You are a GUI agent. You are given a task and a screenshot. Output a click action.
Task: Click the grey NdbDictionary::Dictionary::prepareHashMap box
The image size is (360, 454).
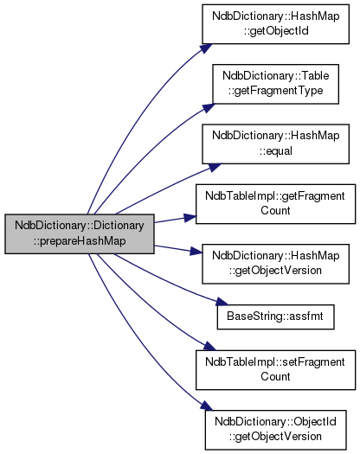coord(80,234)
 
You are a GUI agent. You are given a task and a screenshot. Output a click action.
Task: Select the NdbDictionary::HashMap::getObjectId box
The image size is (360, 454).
coord(275,24)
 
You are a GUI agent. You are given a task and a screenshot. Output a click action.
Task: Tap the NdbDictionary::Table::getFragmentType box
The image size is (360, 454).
coord(275,84)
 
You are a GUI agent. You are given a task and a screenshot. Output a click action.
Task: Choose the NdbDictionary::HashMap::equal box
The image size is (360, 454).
coord(275,144)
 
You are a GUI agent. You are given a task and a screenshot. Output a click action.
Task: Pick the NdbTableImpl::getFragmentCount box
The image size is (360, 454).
coord(275,204)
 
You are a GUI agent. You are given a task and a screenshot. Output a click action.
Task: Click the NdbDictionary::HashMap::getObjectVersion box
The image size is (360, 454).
coord(275,264)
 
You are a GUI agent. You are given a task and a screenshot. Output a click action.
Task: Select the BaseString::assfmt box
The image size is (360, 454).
coord(275,317)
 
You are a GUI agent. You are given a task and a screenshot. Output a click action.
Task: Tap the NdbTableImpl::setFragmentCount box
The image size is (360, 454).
coord(275,370)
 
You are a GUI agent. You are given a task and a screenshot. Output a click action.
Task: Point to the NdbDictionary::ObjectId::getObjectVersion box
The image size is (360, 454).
coord(275,430)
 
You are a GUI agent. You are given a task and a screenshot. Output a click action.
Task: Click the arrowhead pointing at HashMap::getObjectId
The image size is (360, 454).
coord(206,48)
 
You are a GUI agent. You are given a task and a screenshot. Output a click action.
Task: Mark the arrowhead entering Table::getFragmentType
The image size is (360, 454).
coord(209,107)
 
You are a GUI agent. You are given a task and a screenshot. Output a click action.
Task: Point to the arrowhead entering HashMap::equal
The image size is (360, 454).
coord(215,168)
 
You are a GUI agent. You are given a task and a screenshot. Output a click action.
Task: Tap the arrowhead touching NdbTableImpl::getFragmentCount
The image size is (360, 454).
coord(190,218)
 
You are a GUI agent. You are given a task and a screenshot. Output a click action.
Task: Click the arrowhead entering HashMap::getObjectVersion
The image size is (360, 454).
coord(196,252)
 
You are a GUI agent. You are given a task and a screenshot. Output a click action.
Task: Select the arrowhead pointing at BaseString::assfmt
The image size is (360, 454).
coord(222,302)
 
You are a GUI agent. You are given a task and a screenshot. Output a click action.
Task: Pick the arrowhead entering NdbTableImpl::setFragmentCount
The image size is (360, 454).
coord(209,346)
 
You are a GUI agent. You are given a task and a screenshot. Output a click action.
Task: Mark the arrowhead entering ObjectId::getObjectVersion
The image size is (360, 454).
coord(207,406)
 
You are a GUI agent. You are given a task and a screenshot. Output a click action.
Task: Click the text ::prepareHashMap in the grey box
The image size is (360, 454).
coord(80,241)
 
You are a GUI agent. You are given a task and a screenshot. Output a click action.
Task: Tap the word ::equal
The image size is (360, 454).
coord(275,150)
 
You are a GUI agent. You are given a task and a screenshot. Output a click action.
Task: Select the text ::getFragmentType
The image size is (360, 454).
coord(275,91)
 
